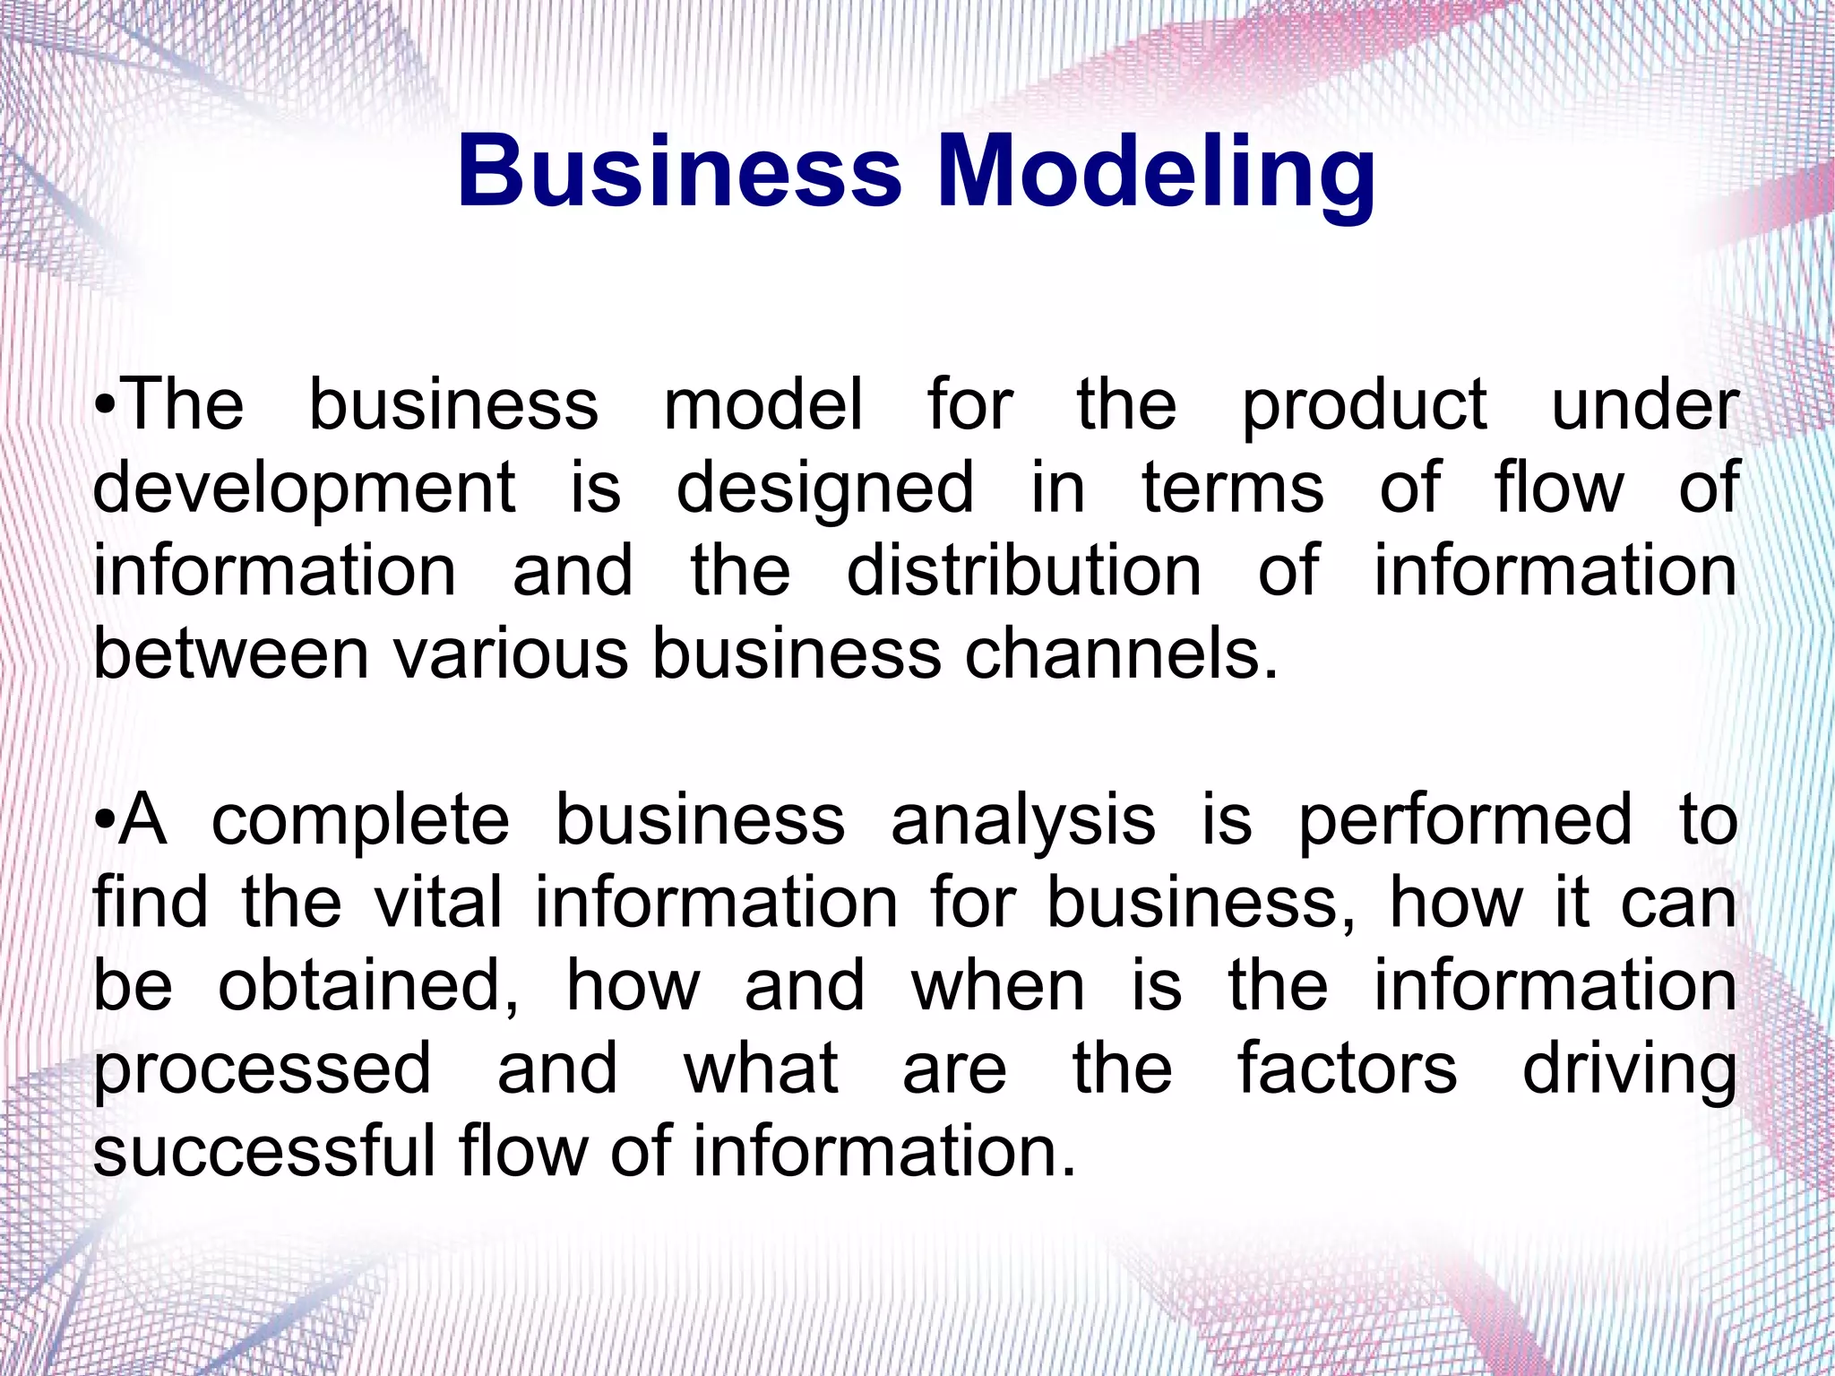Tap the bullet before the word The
(105, 405)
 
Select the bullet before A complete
(105, 820)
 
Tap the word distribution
(1023, 571)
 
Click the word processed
(263, 1070)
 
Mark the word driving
(1629, 1070)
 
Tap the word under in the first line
(1645, 405)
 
